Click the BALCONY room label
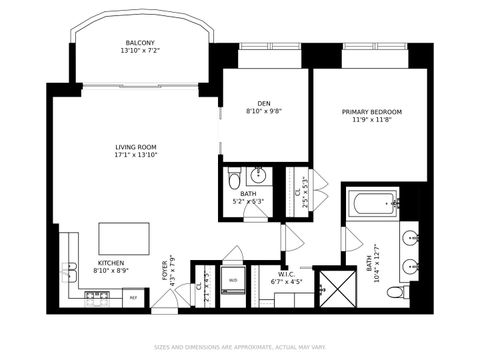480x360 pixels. coord(139,42)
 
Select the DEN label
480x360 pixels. coord(264,104)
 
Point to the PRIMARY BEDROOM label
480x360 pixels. coord(371,112)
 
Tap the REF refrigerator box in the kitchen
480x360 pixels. coord(132,297)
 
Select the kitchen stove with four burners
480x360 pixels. coord(97,296)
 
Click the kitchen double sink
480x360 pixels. coord(70,269)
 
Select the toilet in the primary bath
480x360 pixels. coord(398,292)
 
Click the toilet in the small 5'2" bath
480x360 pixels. coord(233,179)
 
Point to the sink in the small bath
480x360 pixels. coord(254,171)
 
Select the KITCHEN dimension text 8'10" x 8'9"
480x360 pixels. coord(111,270)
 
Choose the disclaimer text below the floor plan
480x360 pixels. coord(239,348)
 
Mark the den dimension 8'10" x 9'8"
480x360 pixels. coord(264,111)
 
